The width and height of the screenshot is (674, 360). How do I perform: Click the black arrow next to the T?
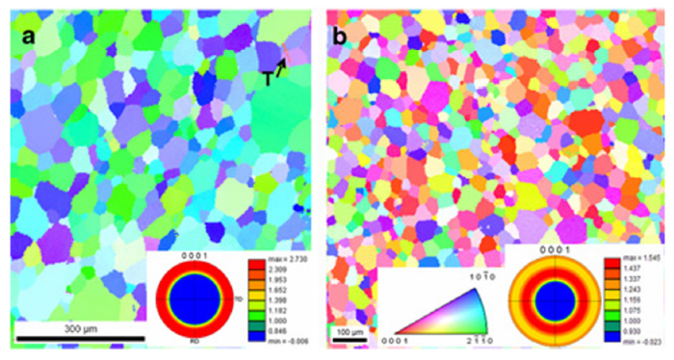coord(281,67)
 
